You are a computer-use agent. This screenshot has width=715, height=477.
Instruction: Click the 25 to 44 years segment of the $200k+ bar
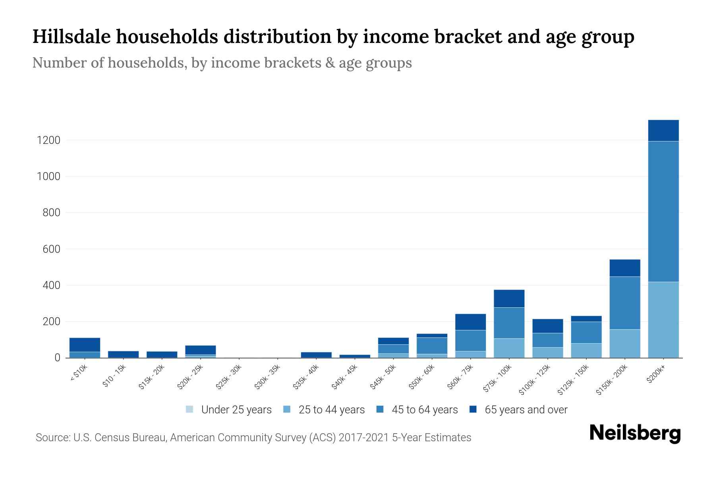(663, 320)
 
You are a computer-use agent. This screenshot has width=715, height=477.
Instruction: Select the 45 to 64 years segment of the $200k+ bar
(663, 211)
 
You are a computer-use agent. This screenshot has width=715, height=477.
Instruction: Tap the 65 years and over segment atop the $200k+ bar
(663, 130)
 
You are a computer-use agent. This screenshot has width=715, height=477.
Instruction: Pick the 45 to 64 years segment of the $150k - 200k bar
(624, 303)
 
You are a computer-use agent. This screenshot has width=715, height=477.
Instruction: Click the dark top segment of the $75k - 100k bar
(509, 299)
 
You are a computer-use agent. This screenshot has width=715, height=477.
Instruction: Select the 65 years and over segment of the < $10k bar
(85, 345)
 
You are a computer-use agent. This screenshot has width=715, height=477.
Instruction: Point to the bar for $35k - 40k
(316, 355)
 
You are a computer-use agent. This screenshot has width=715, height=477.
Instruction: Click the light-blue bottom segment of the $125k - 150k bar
(586, 351)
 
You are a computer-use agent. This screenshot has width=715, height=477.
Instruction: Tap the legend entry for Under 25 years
(228, 409)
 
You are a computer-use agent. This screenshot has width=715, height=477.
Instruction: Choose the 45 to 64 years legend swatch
(380, 409)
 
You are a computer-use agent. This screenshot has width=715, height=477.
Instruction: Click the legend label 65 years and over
(526, 409)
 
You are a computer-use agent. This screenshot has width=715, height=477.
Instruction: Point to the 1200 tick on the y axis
(48, 140)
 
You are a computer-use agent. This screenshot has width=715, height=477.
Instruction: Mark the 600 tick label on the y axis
(51, 249)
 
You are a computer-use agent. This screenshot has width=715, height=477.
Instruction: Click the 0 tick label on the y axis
(57, 358)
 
